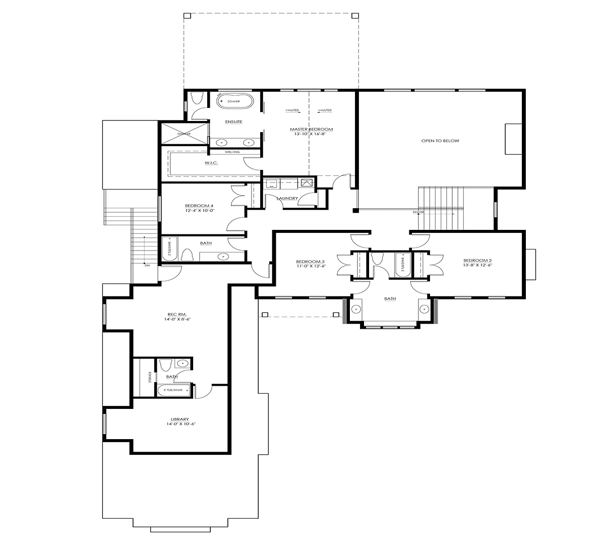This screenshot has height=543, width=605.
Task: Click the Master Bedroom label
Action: click(311, 130)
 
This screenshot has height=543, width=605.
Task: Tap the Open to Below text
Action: click(440, 141)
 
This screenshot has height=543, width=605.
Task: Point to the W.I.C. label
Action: click(211, 163)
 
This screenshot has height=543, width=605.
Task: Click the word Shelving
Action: click(232, 152)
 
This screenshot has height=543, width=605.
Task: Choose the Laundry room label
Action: click(287, 198)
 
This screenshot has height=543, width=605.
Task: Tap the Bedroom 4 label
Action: click(199, 206)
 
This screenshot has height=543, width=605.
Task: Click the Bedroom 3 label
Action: click(310, 261)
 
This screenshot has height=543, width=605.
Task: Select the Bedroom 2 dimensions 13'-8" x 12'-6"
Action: click(477, 266)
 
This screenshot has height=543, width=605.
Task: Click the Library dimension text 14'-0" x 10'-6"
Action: click(179, 424)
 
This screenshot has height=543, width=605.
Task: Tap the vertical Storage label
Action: click(150, 377)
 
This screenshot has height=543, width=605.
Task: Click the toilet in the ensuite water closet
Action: click(197, 98)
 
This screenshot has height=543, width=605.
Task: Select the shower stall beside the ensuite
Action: click(184, 134)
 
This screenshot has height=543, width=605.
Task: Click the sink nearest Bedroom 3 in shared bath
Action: click(356, 309)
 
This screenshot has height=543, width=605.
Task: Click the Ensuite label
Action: click(234, 122)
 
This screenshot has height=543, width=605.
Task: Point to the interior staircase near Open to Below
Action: click(440, 207)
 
